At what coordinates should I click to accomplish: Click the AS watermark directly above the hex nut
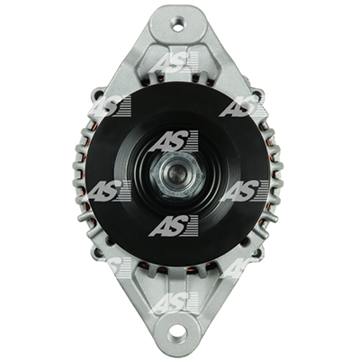(x=175, y=140)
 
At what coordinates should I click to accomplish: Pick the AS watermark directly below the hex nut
(x=175, y=226)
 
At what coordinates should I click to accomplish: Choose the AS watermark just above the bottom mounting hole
(x=175, y=303)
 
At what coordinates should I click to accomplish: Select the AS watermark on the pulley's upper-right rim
(x=244, y=106)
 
